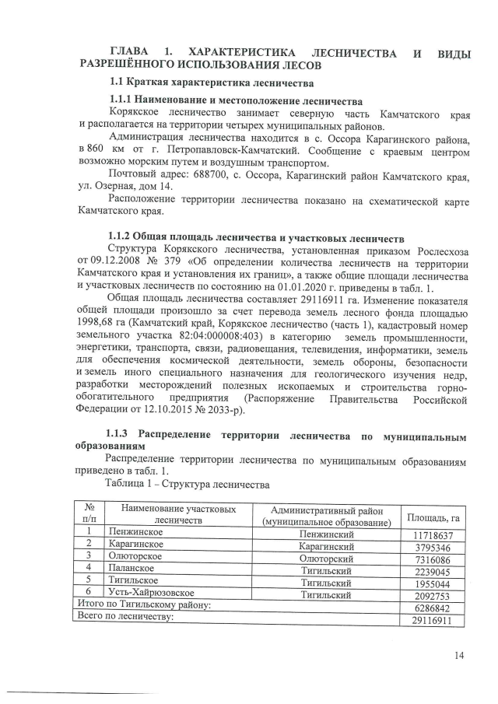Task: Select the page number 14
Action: [459, 657]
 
